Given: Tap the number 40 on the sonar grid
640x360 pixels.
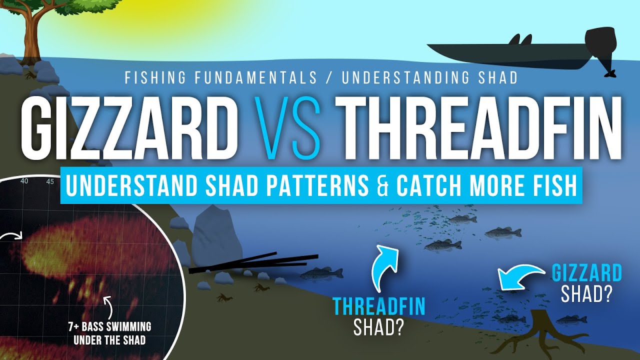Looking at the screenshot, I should point(24,181).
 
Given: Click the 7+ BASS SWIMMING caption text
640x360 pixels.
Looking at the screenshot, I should point(109,327).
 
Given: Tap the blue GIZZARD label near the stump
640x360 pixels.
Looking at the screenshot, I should point(586,273).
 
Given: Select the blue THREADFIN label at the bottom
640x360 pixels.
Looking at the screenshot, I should point(378,306).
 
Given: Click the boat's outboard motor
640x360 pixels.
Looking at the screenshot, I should point(601,48).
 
